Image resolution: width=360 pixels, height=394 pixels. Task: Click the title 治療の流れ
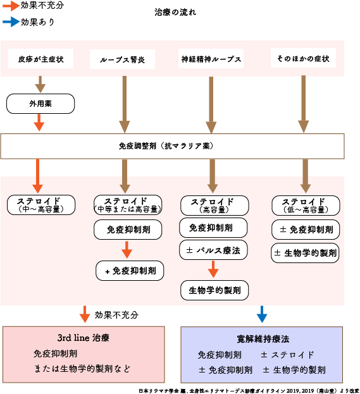tap(175, 13)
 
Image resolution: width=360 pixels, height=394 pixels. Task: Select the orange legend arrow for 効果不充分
tap(9, 6)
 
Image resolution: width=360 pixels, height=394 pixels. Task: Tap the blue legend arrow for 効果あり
tap(9, 22)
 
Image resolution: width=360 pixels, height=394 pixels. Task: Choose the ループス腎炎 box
tap(122, 60)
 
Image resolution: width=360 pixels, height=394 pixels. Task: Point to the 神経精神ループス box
tap(210, 59)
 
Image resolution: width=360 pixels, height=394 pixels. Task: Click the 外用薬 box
tap(40, 103)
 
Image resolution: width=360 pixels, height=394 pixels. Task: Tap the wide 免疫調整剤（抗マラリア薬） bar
tap(172, 146)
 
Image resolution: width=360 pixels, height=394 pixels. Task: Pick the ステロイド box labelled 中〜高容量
tap(40, 204)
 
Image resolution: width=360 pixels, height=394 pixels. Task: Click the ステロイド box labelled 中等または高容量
tap(125, 204)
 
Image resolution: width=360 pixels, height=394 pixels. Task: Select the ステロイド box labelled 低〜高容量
tap(306, 205)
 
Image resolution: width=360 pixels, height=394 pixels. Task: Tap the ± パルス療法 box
tap(213, 250)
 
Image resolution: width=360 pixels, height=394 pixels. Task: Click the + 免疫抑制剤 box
tap(130, 271)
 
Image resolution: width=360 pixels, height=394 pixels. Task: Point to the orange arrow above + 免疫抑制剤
tap(127, 250)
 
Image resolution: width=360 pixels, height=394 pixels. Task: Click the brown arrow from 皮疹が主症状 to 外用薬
tap(40, 84)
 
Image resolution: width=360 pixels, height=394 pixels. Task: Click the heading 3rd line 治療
tap(84, 338)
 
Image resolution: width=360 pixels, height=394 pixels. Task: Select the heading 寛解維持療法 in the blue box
tap(263, 339)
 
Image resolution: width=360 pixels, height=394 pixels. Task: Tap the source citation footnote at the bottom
tap(249, 390)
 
